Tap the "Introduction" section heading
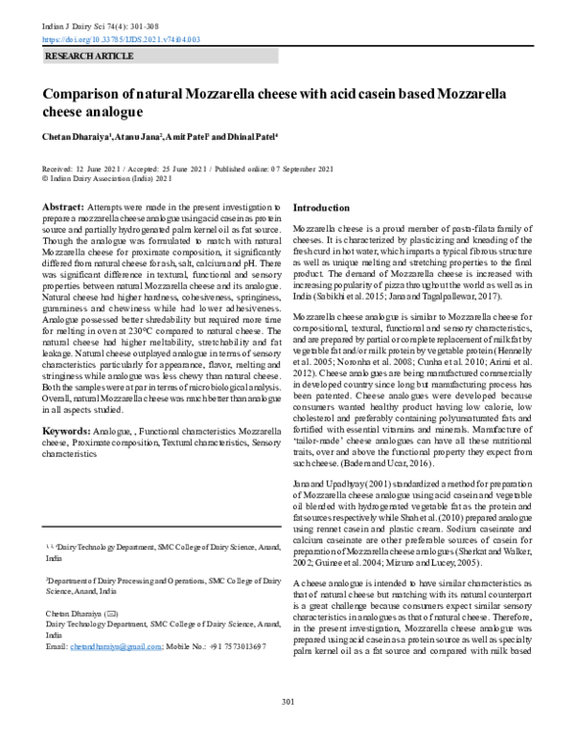[x=321, y=208]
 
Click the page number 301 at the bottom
[x=287, y=729]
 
